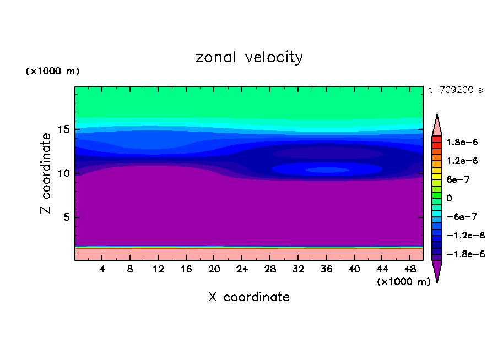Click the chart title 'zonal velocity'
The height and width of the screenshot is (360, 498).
(x=249, y=57)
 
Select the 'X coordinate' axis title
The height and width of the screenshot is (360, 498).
(x=249, y=297)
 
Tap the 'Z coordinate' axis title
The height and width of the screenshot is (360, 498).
(x=46, y=173)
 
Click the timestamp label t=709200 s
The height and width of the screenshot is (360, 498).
(x=455, y=90)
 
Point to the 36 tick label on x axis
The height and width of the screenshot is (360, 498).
(x=326, y=269)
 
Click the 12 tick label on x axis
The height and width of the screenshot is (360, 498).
(x=158, y=269)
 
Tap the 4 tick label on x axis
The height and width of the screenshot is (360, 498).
(x=102, y=269)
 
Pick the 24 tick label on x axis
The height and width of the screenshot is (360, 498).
(x=242, y=269)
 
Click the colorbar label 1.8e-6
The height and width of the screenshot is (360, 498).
(x=462, y=142)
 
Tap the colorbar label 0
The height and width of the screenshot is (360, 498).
(x=449, y=198)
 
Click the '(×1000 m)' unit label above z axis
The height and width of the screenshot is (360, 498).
(x=52, y=72)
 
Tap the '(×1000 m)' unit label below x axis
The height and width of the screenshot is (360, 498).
(x=403, y=282)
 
